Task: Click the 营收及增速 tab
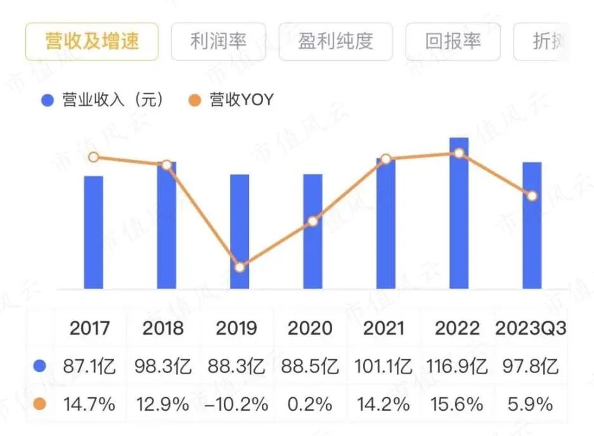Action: point(92,42)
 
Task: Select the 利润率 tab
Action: point(218,42)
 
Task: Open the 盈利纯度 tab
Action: point(335,42)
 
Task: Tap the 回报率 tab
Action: point(453,42)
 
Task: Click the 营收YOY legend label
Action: point(242,100)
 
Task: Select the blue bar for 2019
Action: point(240,231)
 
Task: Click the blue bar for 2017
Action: point(93,232)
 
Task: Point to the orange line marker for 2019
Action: point(240,267)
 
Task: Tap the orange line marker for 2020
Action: point(313,222)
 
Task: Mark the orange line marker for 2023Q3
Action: point(533,196)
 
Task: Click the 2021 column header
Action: point(384,328)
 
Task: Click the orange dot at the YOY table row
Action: point(41,404)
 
